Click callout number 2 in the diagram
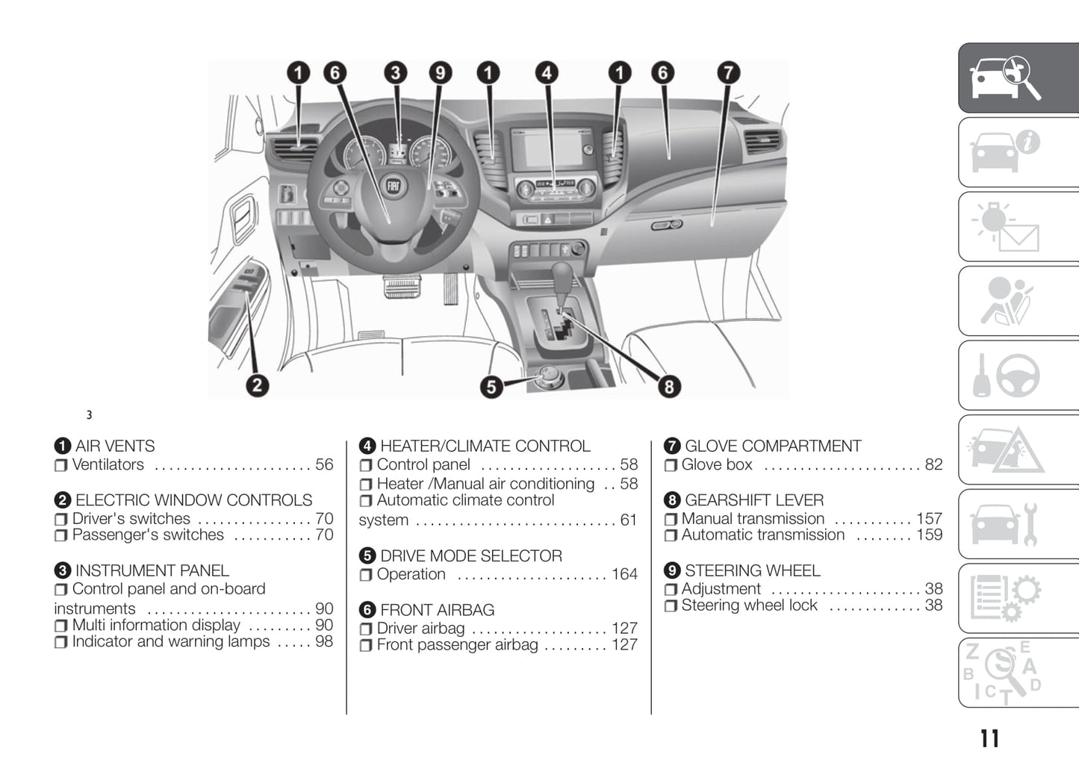coord(257,385)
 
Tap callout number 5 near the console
coord(491,386)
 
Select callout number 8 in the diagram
coord(668,386)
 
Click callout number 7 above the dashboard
coord(728,72)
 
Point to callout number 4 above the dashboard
coord(547,72)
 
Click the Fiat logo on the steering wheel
coord(393,187)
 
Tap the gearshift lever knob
coord(562,275)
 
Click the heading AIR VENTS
coord(115,446)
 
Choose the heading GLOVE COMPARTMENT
coord(773,446)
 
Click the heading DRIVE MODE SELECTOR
coord(470,555)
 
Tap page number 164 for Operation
coord(624,574)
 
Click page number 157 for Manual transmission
coord(929,518)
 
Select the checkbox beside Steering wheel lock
coord(671,605)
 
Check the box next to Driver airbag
coord(366,629)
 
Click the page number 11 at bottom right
coord(989,738)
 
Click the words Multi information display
coord(156,625)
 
